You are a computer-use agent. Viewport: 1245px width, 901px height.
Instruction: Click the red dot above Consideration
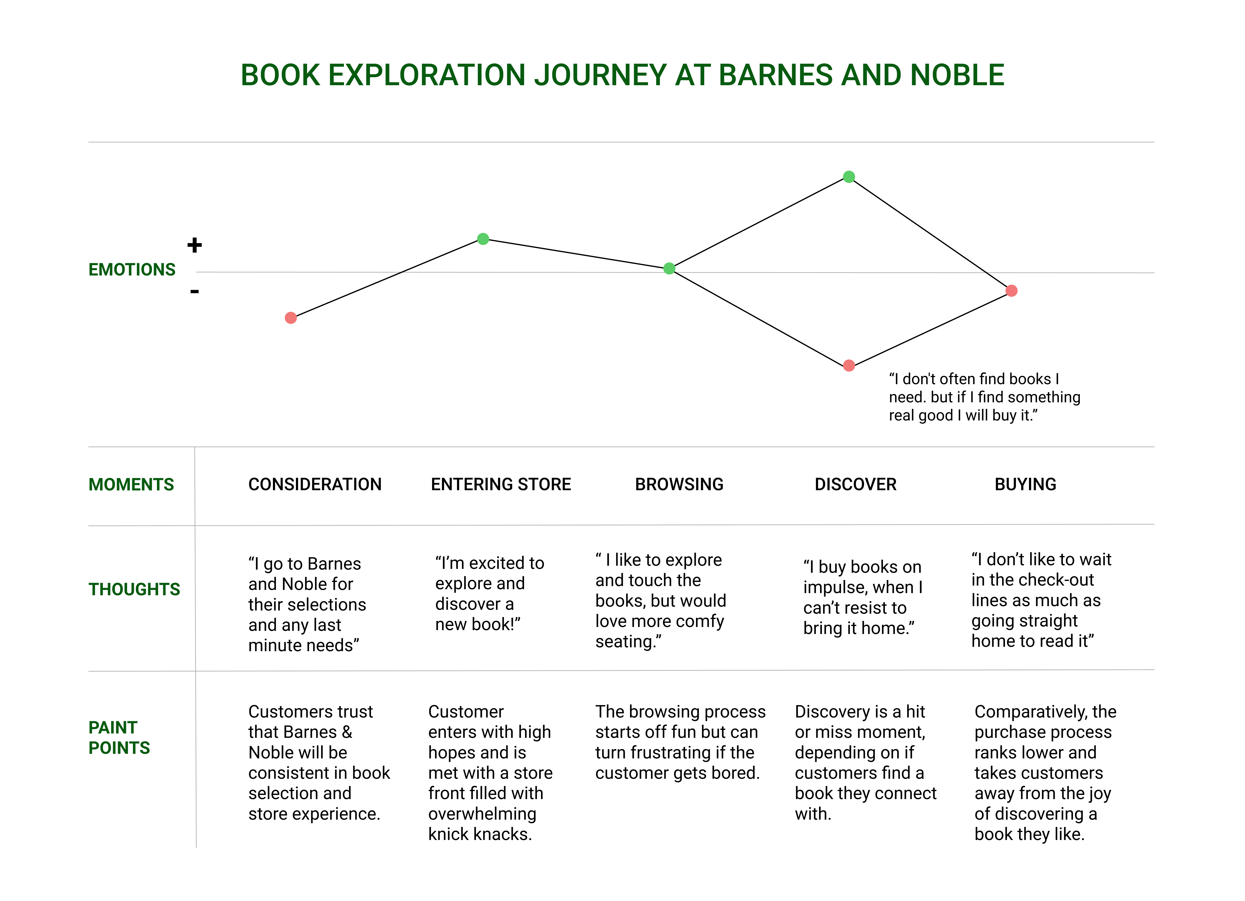click(291, 318)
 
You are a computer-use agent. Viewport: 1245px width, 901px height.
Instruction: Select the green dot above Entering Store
click(483, 239)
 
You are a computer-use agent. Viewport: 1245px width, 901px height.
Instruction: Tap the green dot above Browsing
click(669, 268)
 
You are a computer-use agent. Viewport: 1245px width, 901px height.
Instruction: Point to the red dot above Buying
click(1012, 291)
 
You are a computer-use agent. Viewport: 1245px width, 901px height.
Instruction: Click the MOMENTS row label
click(131, 485)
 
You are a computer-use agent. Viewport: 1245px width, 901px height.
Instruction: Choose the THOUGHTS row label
click(134, 589)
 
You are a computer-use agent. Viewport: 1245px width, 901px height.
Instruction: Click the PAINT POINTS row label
click(119, 738)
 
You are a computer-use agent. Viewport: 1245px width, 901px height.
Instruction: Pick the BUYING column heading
click(1025, 485)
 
